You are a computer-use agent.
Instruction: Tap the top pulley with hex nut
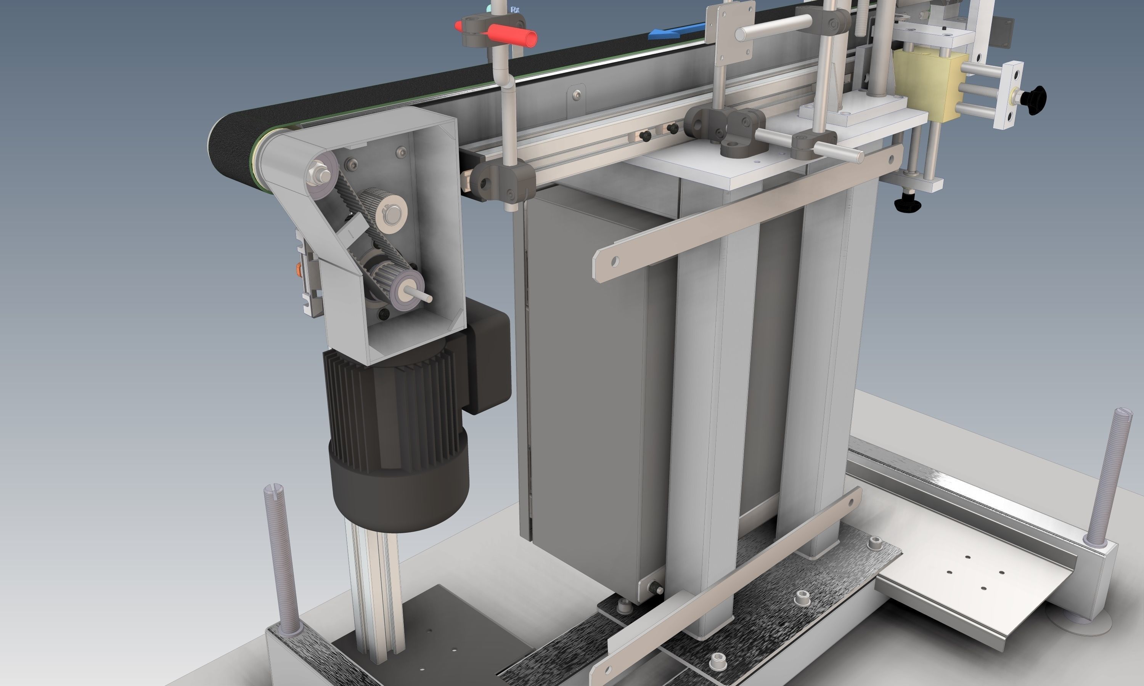(321, 174)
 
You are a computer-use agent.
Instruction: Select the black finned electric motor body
(393, 416)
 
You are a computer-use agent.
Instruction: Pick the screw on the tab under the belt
(576, 95)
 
